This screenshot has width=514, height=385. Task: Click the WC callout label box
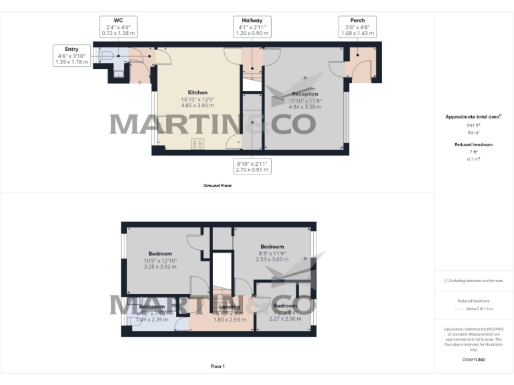(x=118, y=27)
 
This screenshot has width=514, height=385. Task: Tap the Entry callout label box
(x=72, y=55)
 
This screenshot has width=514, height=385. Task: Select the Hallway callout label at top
(x=252, y=27)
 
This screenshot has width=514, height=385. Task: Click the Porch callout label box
(x=357, y=27)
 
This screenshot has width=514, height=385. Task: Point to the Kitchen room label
(x=197, y=92)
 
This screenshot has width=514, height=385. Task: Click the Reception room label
(x=305, y=94)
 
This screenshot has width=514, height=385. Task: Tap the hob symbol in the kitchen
(x=197, y=143)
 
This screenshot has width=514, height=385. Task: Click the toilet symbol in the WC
(x=104, y=57)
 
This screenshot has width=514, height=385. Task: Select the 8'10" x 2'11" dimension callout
(x=252, y=166)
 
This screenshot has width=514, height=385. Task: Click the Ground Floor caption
(x=218, y=185)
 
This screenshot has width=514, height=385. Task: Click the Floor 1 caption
(x=218, y=366)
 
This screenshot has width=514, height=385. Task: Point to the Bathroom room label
(x=152, y=307)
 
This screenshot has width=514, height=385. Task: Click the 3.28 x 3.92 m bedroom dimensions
(x=160, y=266)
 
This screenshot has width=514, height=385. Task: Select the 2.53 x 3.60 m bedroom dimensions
(x=272, y=259)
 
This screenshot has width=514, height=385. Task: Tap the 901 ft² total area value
(x=474, y=125)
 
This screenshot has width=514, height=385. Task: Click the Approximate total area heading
(x=473, y=117)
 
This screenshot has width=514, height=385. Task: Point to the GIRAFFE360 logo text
(x=473, y=360)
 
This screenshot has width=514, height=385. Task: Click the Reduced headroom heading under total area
(x=473, y=144)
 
